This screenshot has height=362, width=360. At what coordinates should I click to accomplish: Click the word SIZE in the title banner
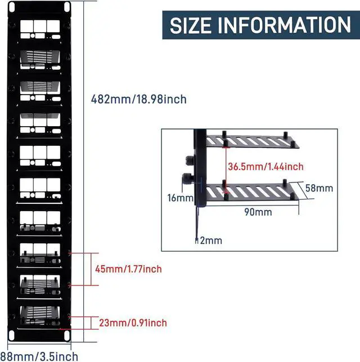tap(195, 25)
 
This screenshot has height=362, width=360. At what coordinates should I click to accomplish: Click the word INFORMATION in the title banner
tap(288, 25)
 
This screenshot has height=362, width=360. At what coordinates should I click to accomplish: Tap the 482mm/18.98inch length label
tap(138, 100)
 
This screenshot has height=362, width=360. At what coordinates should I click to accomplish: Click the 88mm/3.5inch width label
tap(39, 356)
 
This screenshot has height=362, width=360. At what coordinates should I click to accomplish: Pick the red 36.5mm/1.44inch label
tap(265, 166)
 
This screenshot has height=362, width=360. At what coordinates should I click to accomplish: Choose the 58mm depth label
tap(319, 188)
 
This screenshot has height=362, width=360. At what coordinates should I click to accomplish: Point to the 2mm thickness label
tap(211, 240)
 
